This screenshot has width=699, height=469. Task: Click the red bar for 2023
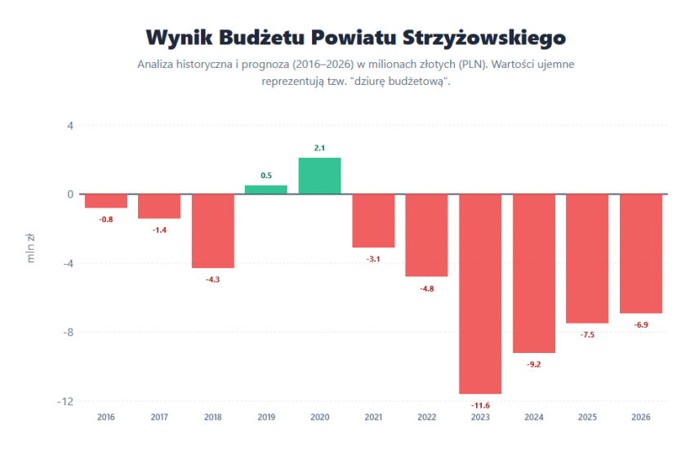[x=480, y=294]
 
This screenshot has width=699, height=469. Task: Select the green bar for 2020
[x=320, y=176]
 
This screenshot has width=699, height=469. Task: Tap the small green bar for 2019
[x=266, y=190]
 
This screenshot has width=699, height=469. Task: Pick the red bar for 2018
[x=213, y=231]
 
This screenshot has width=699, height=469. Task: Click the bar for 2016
[x=106, y=201]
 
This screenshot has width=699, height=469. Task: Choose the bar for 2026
[x=641, y=254]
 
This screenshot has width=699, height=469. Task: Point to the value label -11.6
[x=480, y=405]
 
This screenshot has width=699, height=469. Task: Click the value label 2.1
[x=320, y=148]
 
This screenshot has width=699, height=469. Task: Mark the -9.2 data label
[x=534, y=364]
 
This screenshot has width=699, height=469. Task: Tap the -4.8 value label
[x=427, y=288]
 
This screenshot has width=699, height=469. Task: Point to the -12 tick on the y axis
[x=65, y=401]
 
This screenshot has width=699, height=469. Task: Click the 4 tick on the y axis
[x=70, y=126]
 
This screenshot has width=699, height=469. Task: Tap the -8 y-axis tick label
[x=68, y=333]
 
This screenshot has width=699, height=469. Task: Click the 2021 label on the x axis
[x=373, y=418]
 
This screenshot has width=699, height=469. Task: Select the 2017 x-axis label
[x=159, y=418]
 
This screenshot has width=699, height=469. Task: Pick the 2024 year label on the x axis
[x=534, y=418]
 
